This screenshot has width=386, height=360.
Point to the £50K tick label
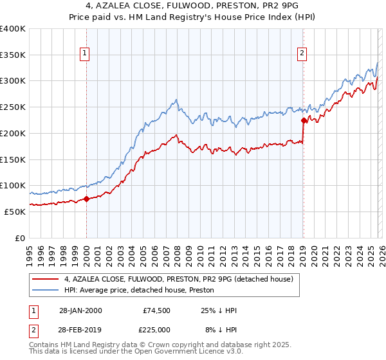point(14,212)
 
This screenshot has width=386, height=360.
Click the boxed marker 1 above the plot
point(86,54)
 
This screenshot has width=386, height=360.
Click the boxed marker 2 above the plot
point(302,54)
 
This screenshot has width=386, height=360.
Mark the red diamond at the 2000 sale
point(86,199)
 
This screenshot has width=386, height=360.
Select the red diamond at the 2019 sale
point(303,120)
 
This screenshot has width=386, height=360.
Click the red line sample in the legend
point(46,279)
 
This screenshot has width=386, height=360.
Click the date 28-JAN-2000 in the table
point(80,310)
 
